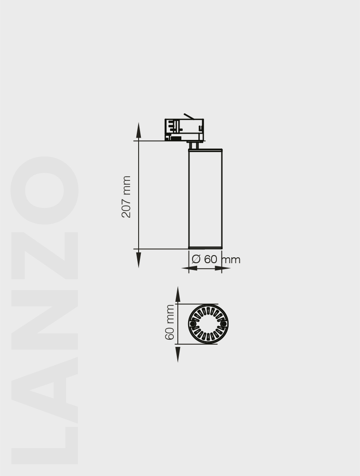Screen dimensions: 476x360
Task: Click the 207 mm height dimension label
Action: tap(126, 197)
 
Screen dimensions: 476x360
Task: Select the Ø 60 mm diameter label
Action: tap(216, 260)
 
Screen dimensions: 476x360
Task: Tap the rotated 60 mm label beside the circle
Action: tap(170, 322)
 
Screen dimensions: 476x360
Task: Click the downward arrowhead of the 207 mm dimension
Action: tap(139, 260)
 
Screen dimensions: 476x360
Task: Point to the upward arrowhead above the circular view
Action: tap(178, 295)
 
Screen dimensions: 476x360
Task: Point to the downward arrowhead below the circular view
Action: tap(178, 354)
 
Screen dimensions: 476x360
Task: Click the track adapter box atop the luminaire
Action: tap(184, 130)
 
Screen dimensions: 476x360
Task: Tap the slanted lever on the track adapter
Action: tap(189, 117)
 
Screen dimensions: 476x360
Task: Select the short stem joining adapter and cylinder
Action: tap(194, 145)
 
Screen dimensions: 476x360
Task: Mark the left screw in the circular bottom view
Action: tap(193, 324)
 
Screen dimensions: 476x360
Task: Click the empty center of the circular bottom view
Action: tap(208, 324)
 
